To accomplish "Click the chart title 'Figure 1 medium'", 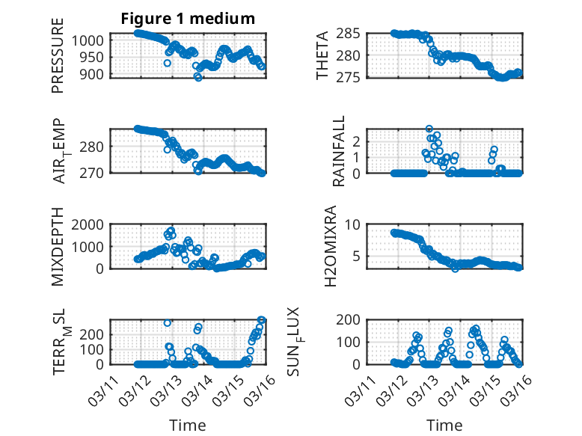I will coord(187,19).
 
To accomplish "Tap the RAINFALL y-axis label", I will coord(339,151).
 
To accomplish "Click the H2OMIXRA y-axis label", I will coord(339,246).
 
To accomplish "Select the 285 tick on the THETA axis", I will coord(350,33).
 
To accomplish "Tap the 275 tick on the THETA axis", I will coord(350,77).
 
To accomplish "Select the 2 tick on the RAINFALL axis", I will coord(358,141).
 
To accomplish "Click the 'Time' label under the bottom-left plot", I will coord(188,426).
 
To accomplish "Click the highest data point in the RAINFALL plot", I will coord(429,129).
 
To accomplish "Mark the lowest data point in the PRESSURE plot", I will coord(198,77).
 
